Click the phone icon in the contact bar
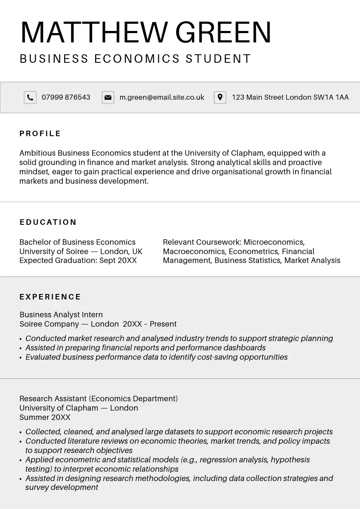[x=30, y=98]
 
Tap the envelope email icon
[x=108, y=98]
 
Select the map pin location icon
[x=220, y=98]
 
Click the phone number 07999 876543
[x=66, y=98]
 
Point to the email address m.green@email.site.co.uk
[x=162, y=98]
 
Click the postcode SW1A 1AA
[x=331, y=98]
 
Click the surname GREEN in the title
[x=223, y=32]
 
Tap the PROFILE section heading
[x=40, y=134]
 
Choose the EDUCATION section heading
[x=48, y=222]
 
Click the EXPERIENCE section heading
[x=51, y=297]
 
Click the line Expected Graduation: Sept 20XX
[x=78, y=260]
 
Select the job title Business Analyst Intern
[x=61, y=315]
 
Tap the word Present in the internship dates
[x=163, y=324]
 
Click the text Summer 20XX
[x=45, y=417]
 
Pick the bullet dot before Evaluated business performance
[x=21, y=358]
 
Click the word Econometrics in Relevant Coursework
[x=253, y=251]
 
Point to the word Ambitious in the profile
[x=37, y=153]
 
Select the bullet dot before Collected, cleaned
[x=21, y=433]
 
